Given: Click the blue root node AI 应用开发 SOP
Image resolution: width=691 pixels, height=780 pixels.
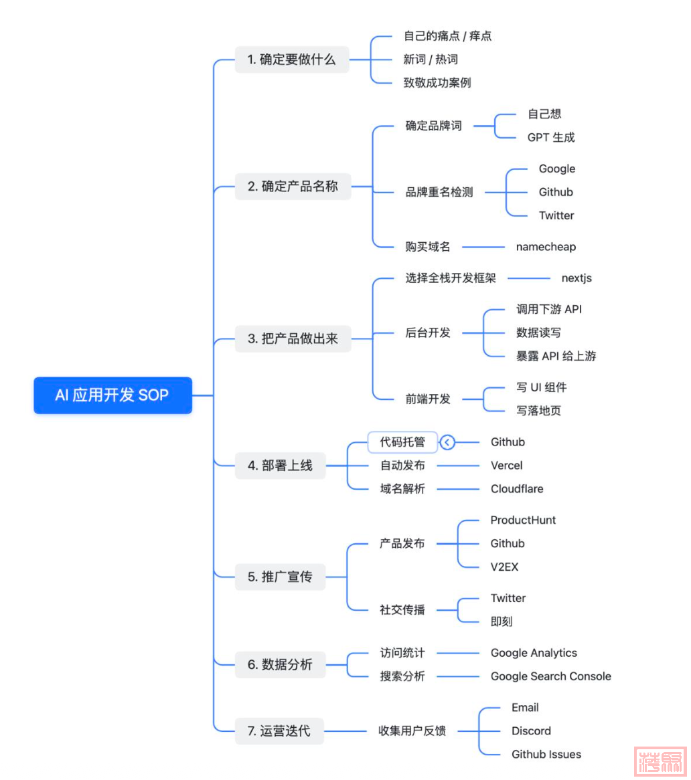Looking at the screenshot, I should [112, 395].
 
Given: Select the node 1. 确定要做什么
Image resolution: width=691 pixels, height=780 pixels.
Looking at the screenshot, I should [293, 60].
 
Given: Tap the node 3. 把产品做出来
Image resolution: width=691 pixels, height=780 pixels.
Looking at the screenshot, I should [293, 338].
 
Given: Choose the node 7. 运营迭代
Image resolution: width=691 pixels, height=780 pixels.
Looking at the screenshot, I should [279, 731].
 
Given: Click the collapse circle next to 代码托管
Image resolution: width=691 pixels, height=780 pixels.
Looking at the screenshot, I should [448, 442].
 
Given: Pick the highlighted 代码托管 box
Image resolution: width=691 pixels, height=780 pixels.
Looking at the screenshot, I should [402, 442].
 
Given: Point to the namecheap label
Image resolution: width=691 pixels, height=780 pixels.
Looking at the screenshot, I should [546, 247].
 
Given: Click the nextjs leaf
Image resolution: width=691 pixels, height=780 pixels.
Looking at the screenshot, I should [577, 278].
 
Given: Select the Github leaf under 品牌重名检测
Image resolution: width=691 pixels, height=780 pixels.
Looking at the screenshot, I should [556, 192].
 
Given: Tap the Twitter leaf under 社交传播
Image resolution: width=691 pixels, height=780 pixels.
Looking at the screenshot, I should [508, 598].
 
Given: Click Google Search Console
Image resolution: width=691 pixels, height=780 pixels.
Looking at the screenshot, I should [550, 676].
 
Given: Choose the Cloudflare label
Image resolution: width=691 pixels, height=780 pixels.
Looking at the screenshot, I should [517, 489].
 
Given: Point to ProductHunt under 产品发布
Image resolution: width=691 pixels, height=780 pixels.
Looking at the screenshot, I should [523, 520].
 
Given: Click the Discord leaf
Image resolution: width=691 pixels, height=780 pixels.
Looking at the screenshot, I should [531, 731].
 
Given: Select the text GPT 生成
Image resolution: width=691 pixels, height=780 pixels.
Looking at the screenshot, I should [550, 138].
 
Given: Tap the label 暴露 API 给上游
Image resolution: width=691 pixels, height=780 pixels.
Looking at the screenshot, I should [556, 356].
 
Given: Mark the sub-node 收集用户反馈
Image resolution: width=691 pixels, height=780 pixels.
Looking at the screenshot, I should [412, 731].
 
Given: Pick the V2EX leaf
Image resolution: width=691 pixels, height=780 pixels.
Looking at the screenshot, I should [504, 567].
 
